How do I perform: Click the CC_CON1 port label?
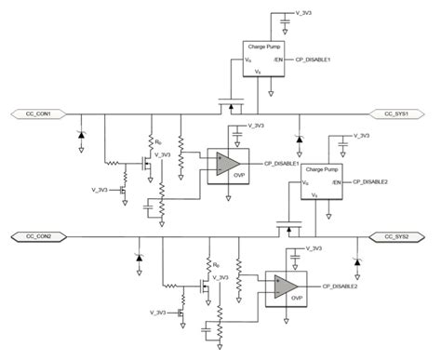[39, 113]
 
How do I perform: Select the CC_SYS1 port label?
[398, 113]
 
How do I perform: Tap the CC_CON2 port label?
[39, 238]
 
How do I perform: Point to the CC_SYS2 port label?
[398, 238]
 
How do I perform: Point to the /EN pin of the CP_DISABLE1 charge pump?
[280, 60]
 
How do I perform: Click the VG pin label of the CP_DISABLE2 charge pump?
[305, 183]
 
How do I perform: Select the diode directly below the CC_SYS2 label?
[358, 257]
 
